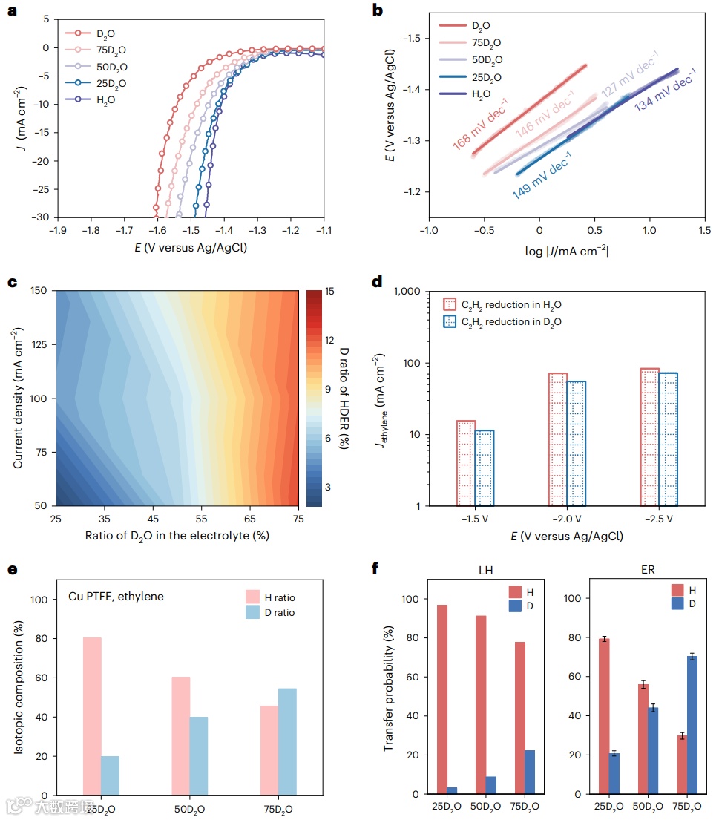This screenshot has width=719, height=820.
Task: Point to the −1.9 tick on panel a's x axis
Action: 57,231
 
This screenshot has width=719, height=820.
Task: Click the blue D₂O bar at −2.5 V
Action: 668,439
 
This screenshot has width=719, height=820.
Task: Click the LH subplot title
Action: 486,570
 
